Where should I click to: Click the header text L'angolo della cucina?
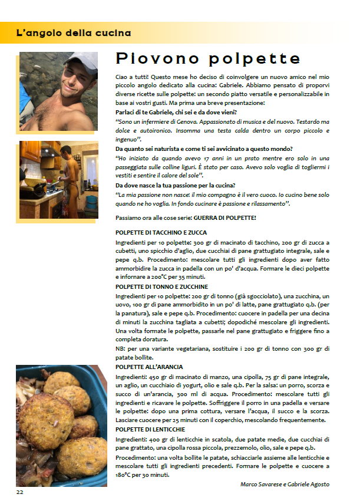73,33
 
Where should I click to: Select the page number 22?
20,491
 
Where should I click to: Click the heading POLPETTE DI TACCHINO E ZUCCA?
161,233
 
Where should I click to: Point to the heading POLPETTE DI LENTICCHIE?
151,429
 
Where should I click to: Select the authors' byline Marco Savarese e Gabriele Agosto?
285,484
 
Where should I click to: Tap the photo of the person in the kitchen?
58,180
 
